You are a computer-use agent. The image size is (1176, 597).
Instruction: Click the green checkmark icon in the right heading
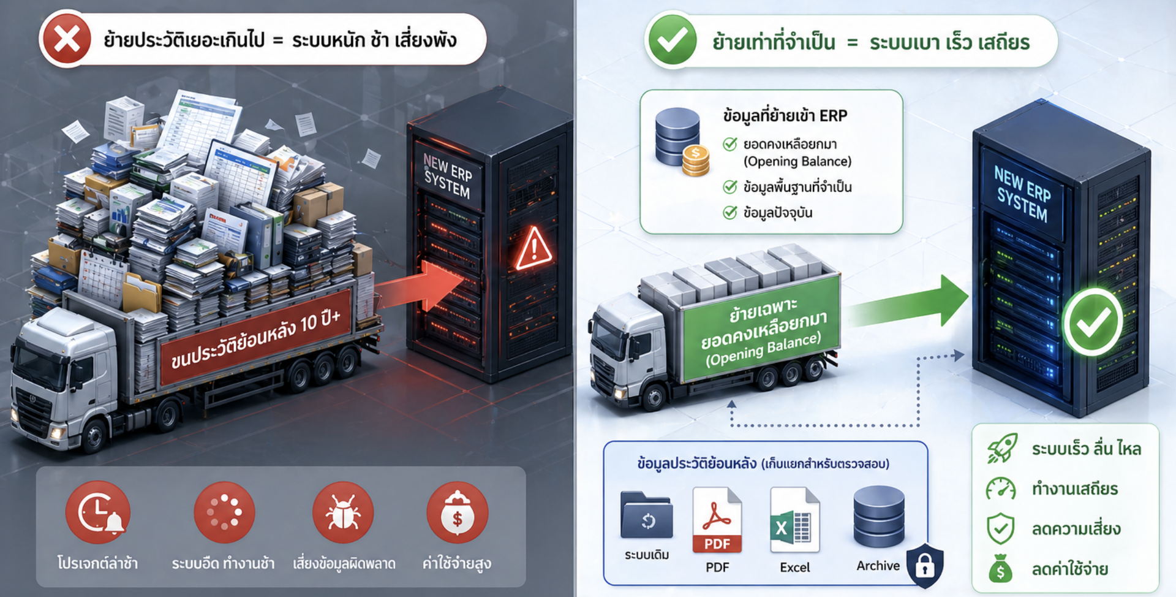coord(673,40)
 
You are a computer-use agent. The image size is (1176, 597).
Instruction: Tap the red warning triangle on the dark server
coord(534,249)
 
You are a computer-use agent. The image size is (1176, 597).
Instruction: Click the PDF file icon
coord(717,520)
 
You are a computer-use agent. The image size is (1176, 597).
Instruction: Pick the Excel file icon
coord(794,520)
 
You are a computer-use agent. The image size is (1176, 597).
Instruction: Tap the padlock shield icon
coord(925,565)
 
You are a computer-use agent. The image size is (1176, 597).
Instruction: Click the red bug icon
coord(342,512)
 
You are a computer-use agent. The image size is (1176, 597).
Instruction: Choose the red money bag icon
coord(457,512)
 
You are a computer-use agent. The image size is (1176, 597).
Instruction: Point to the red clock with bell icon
coord(98,512)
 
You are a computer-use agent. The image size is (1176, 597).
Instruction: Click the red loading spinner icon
coord(224,512)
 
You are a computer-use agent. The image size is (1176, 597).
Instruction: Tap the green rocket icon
coord(1002,448)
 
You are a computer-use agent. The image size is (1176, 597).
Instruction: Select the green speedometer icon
coord(1001,489)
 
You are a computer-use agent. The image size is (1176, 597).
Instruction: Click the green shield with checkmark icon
coord(1001,528)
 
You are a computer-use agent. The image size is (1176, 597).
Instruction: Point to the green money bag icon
coord(1000,568)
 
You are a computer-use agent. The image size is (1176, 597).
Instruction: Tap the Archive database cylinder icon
coord(879,517)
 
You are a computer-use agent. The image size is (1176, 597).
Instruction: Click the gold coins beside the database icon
coord(696,161)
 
